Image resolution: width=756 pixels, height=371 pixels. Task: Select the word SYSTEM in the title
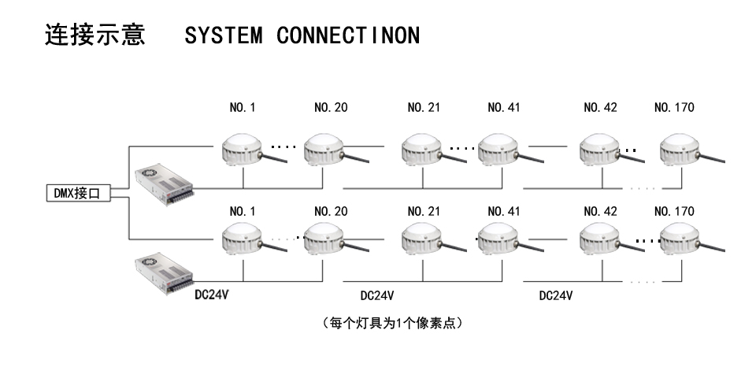point(223,37)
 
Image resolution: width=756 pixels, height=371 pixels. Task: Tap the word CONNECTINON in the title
point(349,37)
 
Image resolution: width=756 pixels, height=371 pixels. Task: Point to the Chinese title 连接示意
point(96,37)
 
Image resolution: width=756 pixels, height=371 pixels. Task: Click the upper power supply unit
point(164,182)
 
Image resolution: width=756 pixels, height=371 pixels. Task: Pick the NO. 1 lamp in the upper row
point(243,148)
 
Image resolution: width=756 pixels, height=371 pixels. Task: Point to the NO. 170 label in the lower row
point(674,212)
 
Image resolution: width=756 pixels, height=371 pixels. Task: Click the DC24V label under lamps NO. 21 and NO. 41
point(376,296)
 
